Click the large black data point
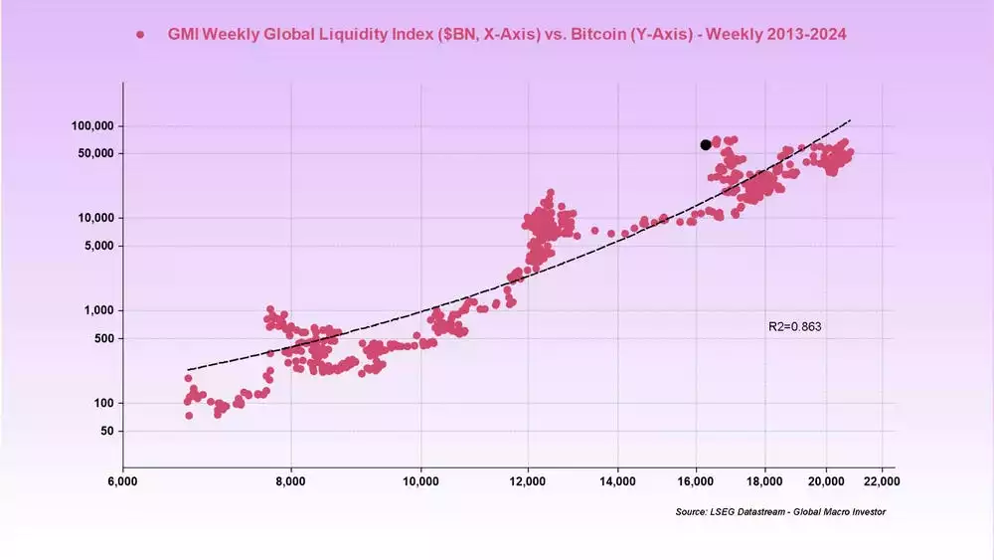coord(706,144)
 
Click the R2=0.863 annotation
coord(794,326)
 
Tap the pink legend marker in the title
coord(141,35)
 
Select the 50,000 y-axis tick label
coord(96,153)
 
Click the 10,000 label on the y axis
coord(96,218)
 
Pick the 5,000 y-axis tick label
coord(99,246)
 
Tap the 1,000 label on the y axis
coord(99,310)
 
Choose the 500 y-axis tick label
coord(104,338)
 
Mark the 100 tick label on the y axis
coord(104,403)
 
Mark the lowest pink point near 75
coord(189,415)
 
